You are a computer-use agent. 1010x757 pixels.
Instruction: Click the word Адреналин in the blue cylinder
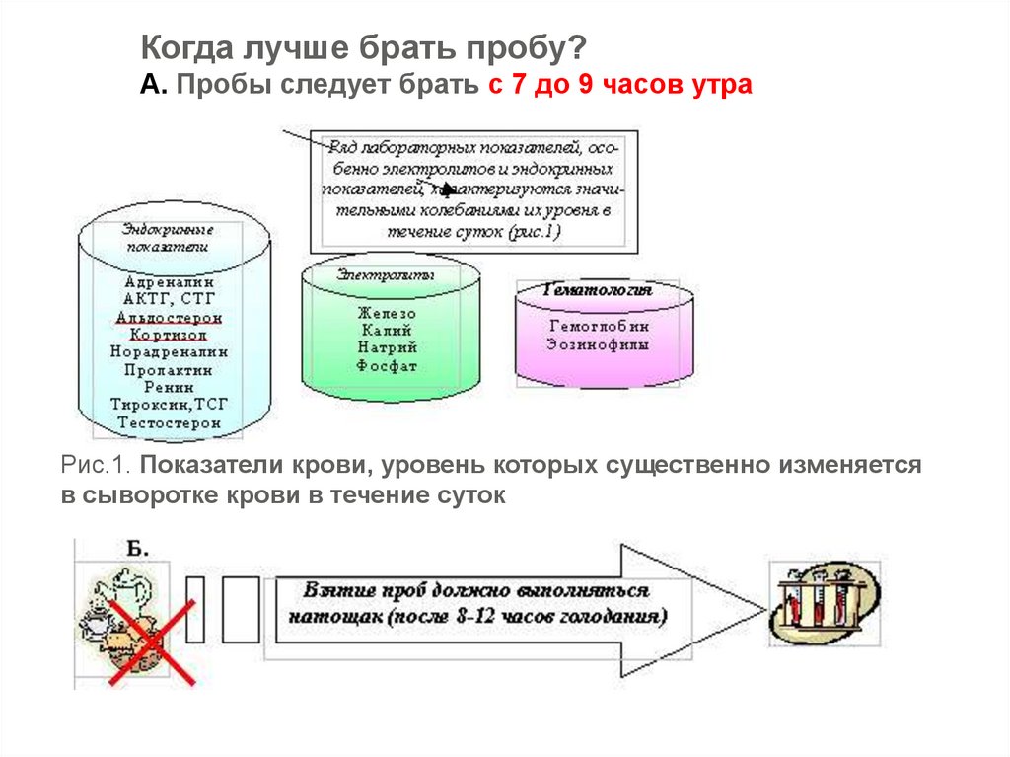click(169, 281)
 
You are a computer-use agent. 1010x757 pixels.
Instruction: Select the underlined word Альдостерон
click(169, 317)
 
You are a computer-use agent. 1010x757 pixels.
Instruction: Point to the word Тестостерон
click(169, 422)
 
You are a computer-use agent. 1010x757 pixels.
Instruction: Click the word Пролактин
click(169, 369)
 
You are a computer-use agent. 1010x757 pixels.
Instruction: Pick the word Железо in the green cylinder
click(387, 313)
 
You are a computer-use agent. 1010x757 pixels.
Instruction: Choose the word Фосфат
click(387, 366)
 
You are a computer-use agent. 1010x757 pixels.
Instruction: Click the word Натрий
click(387, 348)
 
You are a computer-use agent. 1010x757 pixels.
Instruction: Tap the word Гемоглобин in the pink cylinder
click(599, 326)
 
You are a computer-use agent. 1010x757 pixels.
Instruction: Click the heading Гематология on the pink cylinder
click(599, 291)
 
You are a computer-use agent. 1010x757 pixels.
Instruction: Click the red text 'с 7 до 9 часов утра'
click(619, 85)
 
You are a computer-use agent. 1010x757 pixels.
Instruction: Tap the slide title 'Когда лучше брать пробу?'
click(364, 47)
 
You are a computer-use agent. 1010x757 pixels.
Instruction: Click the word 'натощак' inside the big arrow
click(330, 618)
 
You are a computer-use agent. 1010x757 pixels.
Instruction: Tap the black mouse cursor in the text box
click(449, 188)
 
